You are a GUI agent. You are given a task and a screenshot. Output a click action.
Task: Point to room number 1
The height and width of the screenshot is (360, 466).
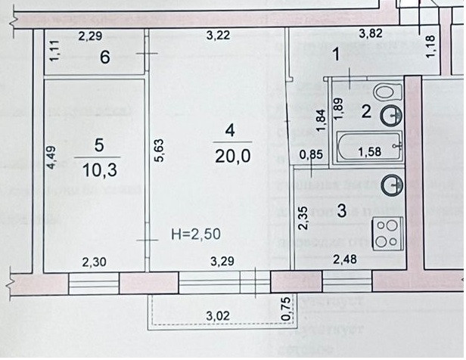tap(338, 54)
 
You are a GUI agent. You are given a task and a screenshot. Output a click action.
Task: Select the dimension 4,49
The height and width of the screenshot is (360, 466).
tap(51, 160)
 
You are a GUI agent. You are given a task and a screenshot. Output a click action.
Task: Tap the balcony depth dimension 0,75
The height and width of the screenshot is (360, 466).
tap(285, 310)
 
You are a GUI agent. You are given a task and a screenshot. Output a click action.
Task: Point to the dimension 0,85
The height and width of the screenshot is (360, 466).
tap(312, 156)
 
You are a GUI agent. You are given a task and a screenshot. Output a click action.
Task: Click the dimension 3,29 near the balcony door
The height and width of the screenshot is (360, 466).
tap(222, 262)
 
